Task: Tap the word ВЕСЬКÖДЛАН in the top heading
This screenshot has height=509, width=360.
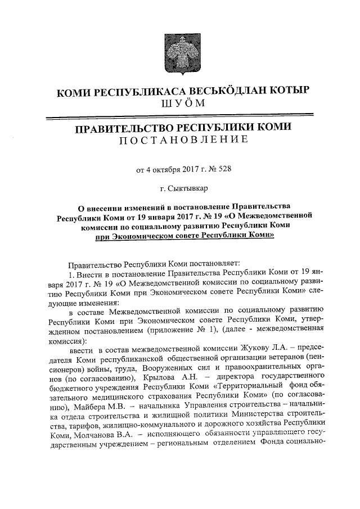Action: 213,92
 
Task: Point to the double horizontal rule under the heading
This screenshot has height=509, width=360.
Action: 180,118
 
